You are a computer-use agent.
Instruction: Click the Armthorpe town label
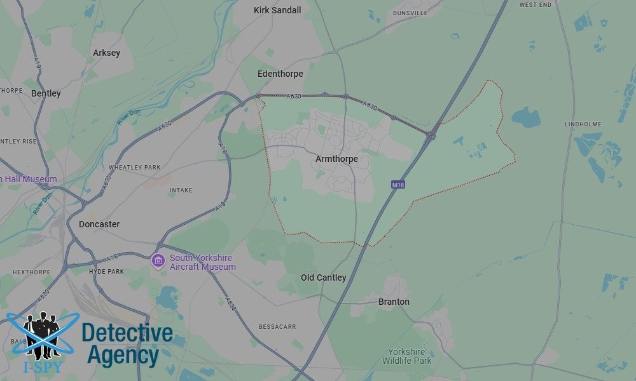336,159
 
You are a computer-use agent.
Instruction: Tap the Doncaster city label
99,224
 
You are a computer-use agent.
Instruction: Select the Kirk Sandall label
277,10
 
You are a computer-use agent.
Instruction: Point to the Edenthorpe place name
280,74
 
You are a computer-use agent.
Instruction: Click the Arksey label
106,53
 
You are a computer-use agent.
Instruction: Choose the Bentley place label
46,93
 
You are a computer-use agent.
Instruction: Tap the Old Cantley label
324,277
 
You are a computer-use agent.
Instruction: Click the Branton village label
394,302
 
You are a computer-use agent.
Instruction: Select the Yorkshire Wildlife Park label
406,356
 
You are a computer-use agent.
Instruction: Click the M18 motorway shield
398,185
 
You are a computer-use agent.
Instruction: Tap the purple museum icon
158,260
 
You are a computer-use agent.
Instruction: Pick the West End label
535,4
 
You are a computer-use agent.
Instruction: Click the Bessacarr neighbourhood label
277,327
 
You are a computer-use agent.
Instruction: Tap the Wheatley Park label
134,168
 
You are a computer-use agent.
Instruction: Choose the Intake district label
181,190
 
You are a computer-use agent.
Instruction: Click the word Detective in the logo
127,332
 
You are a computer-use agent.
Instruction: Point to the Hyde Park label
107,271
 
